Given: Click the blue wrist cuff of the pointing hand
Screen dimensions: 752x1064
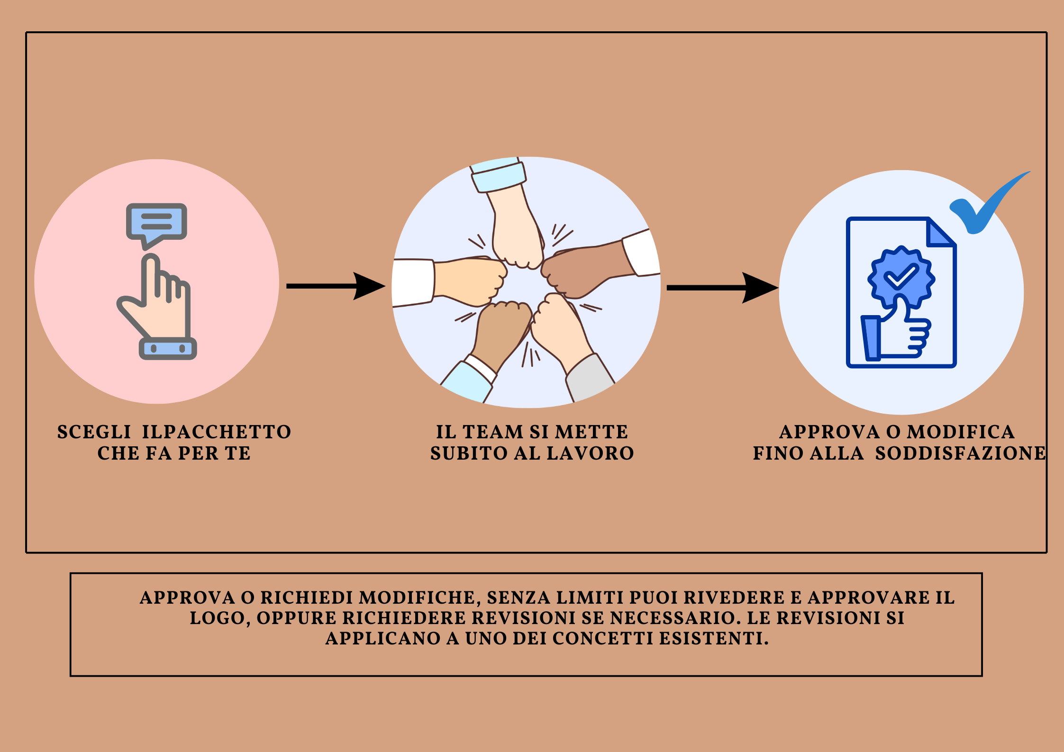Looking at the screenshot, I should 168,349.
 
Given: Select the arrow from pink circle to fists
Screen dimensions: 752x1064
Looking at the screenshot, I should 335,286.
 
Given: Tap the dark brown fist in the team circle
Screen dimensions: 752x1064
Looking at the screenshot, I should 585,270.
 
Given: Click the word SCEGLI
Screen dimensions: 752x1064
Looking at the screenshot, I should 94,432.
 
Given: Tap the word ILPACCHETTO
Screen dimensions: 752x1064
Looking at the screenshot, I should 217,432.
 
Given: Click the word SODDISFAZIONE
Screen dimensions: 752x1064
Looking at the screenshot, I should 960,453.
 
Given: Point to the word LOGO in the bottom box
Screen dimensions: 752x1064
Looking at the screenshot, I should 218,618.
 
